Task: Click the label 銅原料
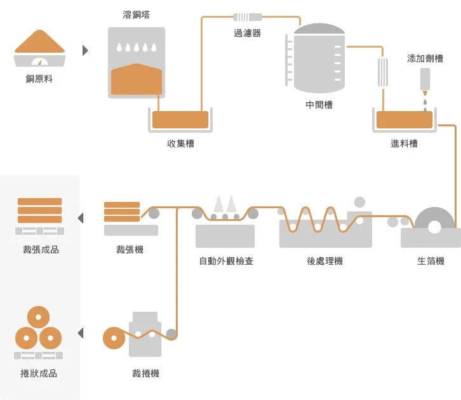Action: coord(39,79)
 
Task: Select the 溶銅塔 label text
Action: coord(136,15)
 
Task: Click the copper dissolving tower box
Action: coord(136,63)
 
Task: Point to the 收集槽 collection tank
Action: coord(180,119)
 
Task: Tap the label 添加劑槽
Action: coord(425,58)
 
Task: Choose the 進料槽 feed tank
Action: coord(404,120)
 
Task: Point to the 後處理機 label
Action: coord(324,261)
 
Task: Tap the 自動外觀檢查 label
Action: coord(225,261)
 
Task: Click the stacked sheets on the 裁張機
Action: coord(122,212)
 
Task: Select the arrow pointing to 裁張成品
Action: coord(81,218)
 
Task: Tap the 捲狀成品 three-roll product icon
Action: coord(39,333)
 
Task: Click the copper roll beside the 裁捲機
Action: coord(114,338)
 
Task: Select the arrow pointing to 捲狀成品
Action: coord(81,333)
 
